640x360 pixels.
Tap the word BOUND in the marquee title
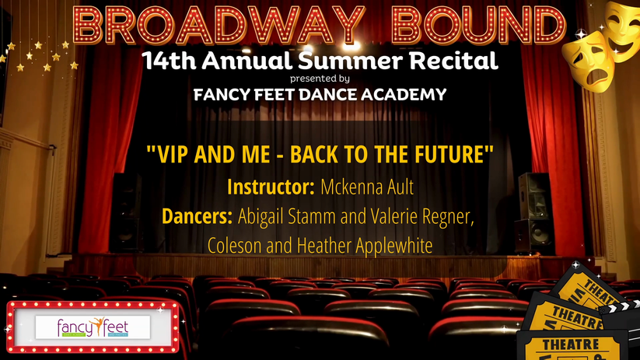pos(478,26)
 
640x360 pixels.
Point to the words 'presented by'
pos(320,79)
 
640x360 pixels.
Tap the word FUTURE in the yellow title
pos(454,154)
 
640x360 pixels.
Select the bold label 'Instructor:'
pos(271,187)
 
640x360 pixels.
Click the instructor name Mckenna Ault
pos(367,187)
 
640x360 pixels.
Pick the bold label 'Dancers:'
pos(198,216)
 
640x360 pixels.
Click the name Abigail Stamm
pos(287,216)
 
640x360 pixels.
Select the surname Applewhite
pos(394,246)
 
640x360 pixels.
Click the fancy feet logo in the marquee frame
pos(93,327)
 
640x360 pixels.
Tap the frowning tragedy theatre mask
pos(588,61)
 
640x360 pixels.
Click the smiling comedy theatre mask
pos(622,30)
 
